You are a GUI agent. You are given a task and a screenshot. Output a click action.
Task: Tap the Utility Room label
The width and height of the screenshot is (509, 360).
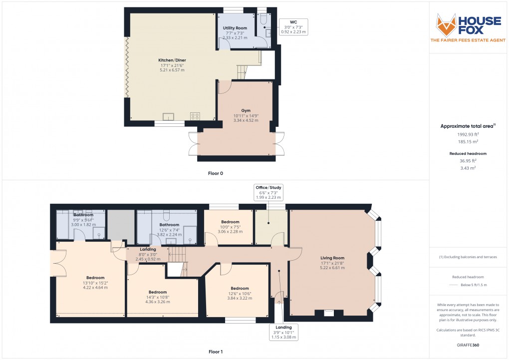235,32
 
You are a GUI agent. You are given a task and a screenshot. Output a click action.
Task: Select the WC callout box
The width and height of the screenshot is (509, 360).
293,26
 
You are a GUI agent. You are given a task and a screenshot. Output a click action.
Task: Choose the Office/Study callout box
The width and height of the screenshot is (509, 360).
268,192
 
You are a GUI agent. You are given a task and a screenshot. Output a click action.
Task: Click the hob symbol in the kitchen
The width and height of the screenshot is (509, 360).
195,116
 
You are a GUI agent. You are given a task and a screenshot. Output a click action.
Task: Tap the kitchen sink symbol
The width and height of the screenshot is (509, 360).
169,117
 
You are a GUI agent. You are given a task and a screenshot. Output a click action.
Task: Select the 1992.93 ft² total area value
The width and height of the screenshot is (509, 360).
469,134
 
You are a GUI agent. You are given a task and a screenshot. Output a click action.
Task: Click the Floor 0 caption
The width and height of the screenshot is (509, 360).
216,173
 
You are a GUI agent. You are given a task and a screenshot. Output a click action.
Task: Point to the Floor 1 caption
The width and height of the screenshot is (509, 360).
216,352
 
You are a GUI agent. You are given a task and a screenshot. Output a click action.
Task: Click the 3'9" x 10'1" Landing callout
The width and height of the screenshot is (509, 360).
283,333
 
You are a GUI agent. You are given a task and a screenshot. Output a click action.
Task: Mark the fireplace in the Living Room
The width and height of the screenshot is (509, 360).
329,313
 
